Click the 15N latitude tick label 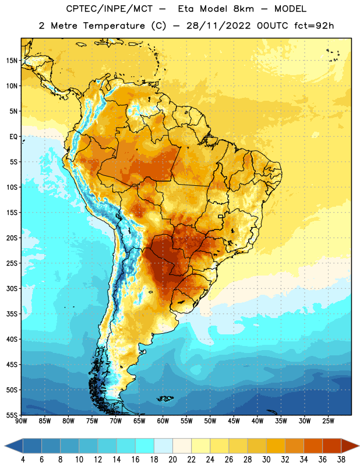pyautogui.click(x=12, y=61)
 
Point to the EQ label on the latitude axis pyautogui.click(x=13, y=137)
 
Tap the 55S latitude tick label pyautogui.click(x=12, y=415)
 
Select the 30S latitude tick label pyautogui.click(x=12, y=288)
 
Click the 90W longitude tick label pyautogui.click(x=21, y=421)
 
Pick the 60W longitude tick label pyautogui.click(x=163, y=421)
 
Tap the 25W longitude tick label pyautogui.click(x=328, y=421)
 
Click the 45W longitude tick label pyautogui.click(x=234, y=421)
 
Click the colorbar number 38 pyautogui.click(x=341, y=460)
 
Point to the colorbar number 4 pyautogui.click(x=23, y=460)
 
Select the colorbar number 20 pyautogui.click(x=172, y=460)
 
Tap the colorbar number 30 pyautogui.click(x=266, y=460)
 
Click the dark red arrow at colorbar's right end pyautogui.click(x=350, y=446)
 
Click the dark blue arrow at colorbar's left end pyautogui.click(x=13, y=446)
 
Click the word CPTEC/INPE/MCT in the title pyautogui.click(x=109, y=9)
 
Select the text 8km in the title pyautogui.click(x=243, y=9)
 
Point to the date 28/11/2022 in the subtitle pyautogui.click(x=218, y=26)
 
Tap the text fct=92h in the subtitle pyautogui.click(x=314, y=26)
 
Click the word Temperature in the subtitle pyautogui.click(x=114, y=26)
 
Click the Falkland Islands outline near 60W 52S pyautogui.click(x=165, y=398)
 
